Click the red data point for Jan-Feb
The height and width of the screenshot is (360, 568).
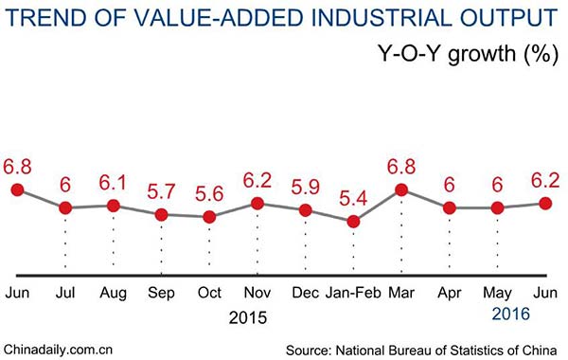tap(353, 222)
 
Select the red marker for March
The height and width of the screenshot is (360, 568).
tap(401, 189)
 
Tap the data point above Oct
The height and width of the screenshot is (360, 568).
tap(209, 216)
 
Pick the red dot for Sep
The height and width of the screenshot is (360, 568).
tap(161, 214)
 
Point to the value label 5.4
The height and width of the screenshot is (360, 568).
tap(353, 200)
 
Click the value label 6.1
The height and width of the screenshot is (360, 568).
tap(113, 182)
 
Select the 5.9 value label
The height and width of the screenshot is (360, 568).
tap(305, 188)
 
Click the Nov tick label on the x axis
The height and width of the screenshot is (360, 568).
tap(257, 293)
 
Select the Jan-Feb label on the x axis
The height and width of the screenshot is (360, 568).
tap(353, 293)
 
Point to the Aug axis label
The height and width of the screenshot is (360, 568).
tap(113, 293)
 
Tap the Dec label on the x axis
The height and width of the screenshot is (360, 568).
tap(305, 293)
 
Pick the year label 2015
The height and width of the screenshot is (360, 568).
tap(248, 316)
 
